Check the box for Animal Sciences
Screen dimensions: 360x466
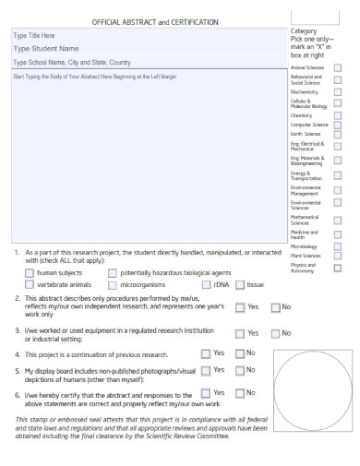[337, 68]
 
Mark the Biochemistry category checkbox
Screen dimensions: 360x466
[337, 92]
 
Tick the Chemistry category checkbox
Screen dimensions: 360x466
[337, 116]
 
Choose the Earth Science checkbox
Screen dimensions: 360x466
[337, 135]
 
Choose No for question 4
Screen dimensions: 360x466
[240, 352]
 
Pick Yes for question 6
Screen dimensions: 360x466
[205, 393]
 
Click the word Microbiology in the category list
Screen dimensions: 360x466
[305, 246]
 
